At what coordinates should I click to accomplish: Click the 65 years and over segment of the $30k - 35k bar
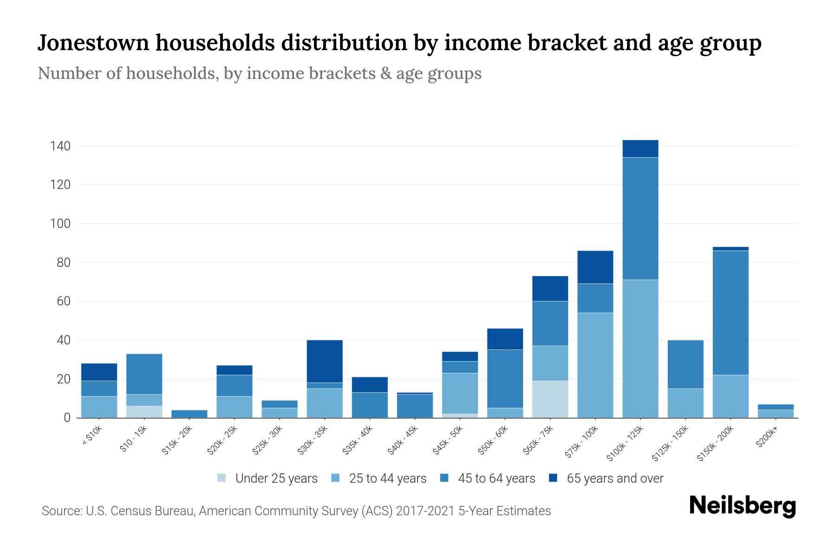tap(325, 361)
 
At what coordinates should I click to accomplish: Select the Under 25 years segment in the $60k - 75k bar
tap(550, 399)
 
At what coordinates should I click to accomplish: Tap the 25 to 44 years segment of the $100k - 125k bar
tap(640, 348)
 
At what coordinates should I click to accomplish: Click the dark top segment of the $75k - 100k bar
tap(595, 267)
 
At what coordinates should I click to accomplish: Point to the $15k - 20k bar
tap(189, 414)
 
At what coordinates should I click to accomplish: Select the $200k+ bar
tap(775, 411)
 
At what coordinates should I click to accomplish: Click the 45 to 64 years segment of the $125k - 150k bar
tap(685, 364)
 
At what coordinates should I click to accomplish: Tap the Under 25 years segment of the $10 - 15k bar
tap(144, 412)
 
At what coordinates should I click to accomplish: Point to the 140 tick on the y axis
tap(60, 146)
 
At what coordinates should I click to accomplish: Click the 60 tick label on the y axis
tap(64, 302)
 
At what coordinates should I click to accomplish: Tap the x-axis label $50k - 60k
tap(493, 440)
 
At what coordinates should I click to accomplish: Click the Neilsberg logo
tap(742, 506)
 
